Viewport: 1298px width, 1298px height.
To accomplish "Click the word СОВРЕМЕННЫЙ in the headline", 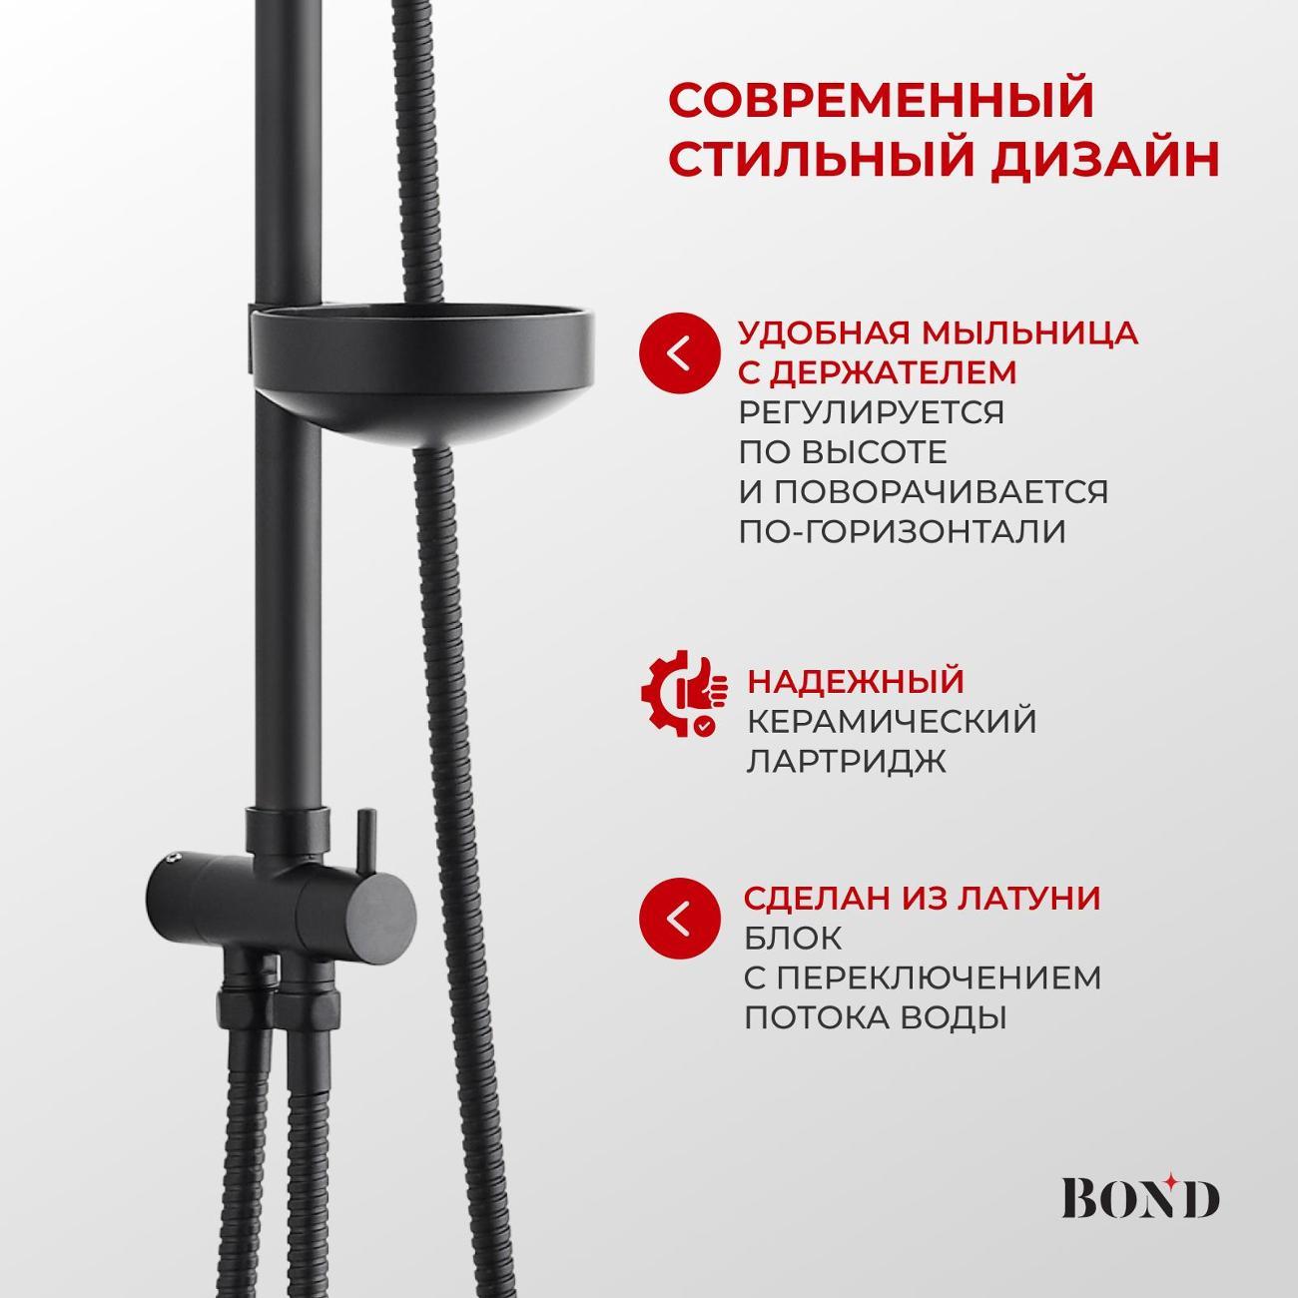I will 881,101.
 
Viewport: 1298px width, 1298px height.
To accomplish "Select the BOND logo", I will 1139,1198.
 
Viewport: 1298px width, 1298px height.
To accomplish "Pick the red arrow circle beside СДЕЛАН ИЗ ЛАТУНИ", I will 680,919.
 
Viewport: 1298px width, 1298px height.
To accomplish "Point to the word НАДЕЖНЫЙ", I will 856,681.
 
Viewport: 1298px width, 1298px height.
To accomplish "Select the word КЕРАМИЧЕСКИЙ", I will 892,721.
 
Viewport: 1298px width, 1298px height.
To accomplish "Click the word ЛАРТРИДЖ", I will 846,761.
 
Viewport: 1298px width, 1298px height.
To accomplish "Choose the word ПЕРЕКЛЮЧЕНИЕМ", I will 937,977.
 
